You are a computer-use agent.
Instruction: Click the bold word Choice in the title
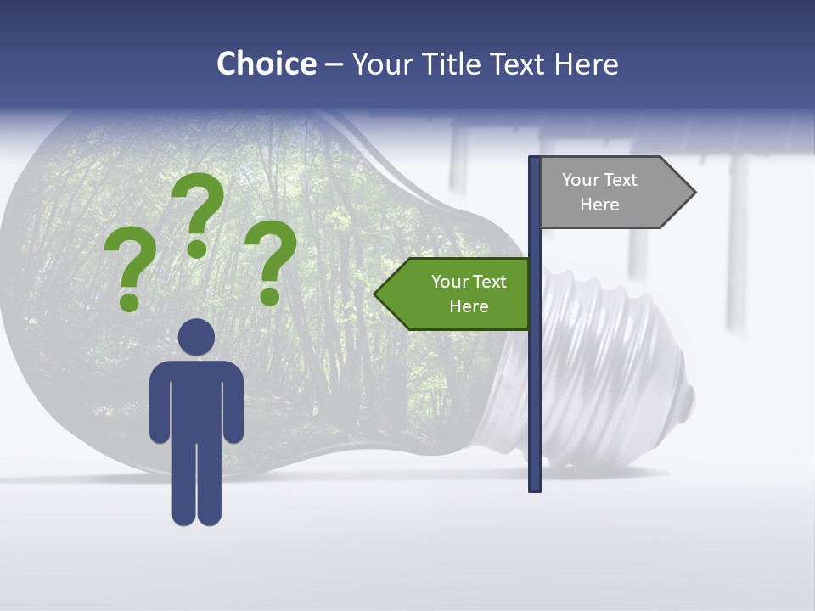coord(266,64)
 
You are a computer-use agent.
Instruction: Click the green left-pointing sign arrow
coord(454,294)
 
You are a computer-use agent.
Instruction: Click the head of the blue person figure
coord(196,337)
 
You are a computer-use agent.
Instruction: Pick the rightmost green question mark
coord(272,259)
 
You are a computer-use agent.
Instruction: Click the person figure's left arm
coord(159,403)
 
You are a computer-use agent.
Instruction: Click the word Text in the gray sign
coord(621,180)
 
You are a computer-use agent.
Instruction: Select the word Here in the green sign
coord(469,306)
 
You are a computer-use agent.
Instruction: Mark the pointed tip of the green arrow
coord(376,294)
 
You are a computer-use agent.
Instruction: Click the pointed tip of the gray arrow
coord(694,193)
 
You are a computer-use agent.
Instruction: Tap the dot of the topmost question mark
coord(197,249)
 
